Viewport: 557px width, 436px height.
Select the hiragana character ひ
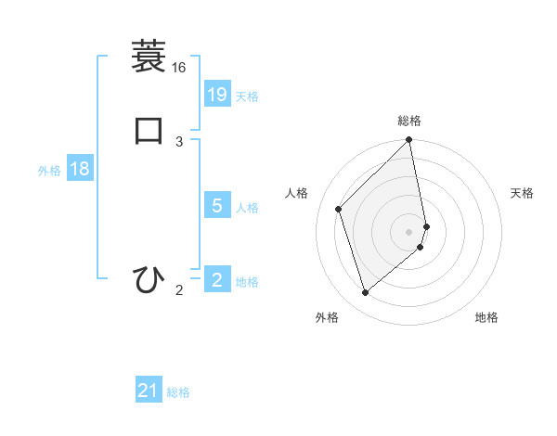coord(149,278)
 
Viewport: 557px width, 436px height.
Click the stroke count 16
coord(178,68)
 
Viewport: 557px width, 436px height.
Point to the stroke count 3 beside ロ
coord(179,141)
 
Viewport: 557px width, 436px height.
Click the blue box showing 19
coord(217,94)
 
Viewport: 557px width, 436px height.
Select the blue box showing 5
coord(217,206)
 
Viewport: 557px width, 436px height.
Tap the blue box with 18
coord(79,169)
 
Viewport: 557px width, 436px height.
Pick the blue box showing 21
coord(149,391)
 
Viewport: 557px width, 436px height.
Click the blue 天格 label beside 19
coord(247,96)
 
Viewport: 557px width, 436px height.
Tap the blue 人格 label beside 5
coord(247,208)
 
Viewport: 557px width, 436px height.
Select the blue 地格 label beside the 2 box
coord(247,282)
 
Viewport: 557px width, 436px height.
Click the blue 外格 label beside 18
coord(49,171)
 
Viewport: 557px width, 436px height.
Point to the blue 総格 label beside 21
coord(178,393)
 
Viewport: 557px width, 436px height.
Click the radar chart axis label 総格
coord(409,121)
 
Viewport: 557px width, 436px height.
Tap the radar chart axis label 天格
coord(523,193)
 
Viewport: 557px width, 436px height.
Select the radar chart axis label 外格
coord(327,317)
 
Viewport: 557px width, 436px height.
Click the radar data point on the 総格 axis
coord(409,141)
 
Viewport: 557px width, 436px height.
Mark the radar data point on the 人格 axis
coord(339,209)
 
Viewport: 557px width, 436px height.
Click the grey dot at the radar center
coord(409,231)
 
